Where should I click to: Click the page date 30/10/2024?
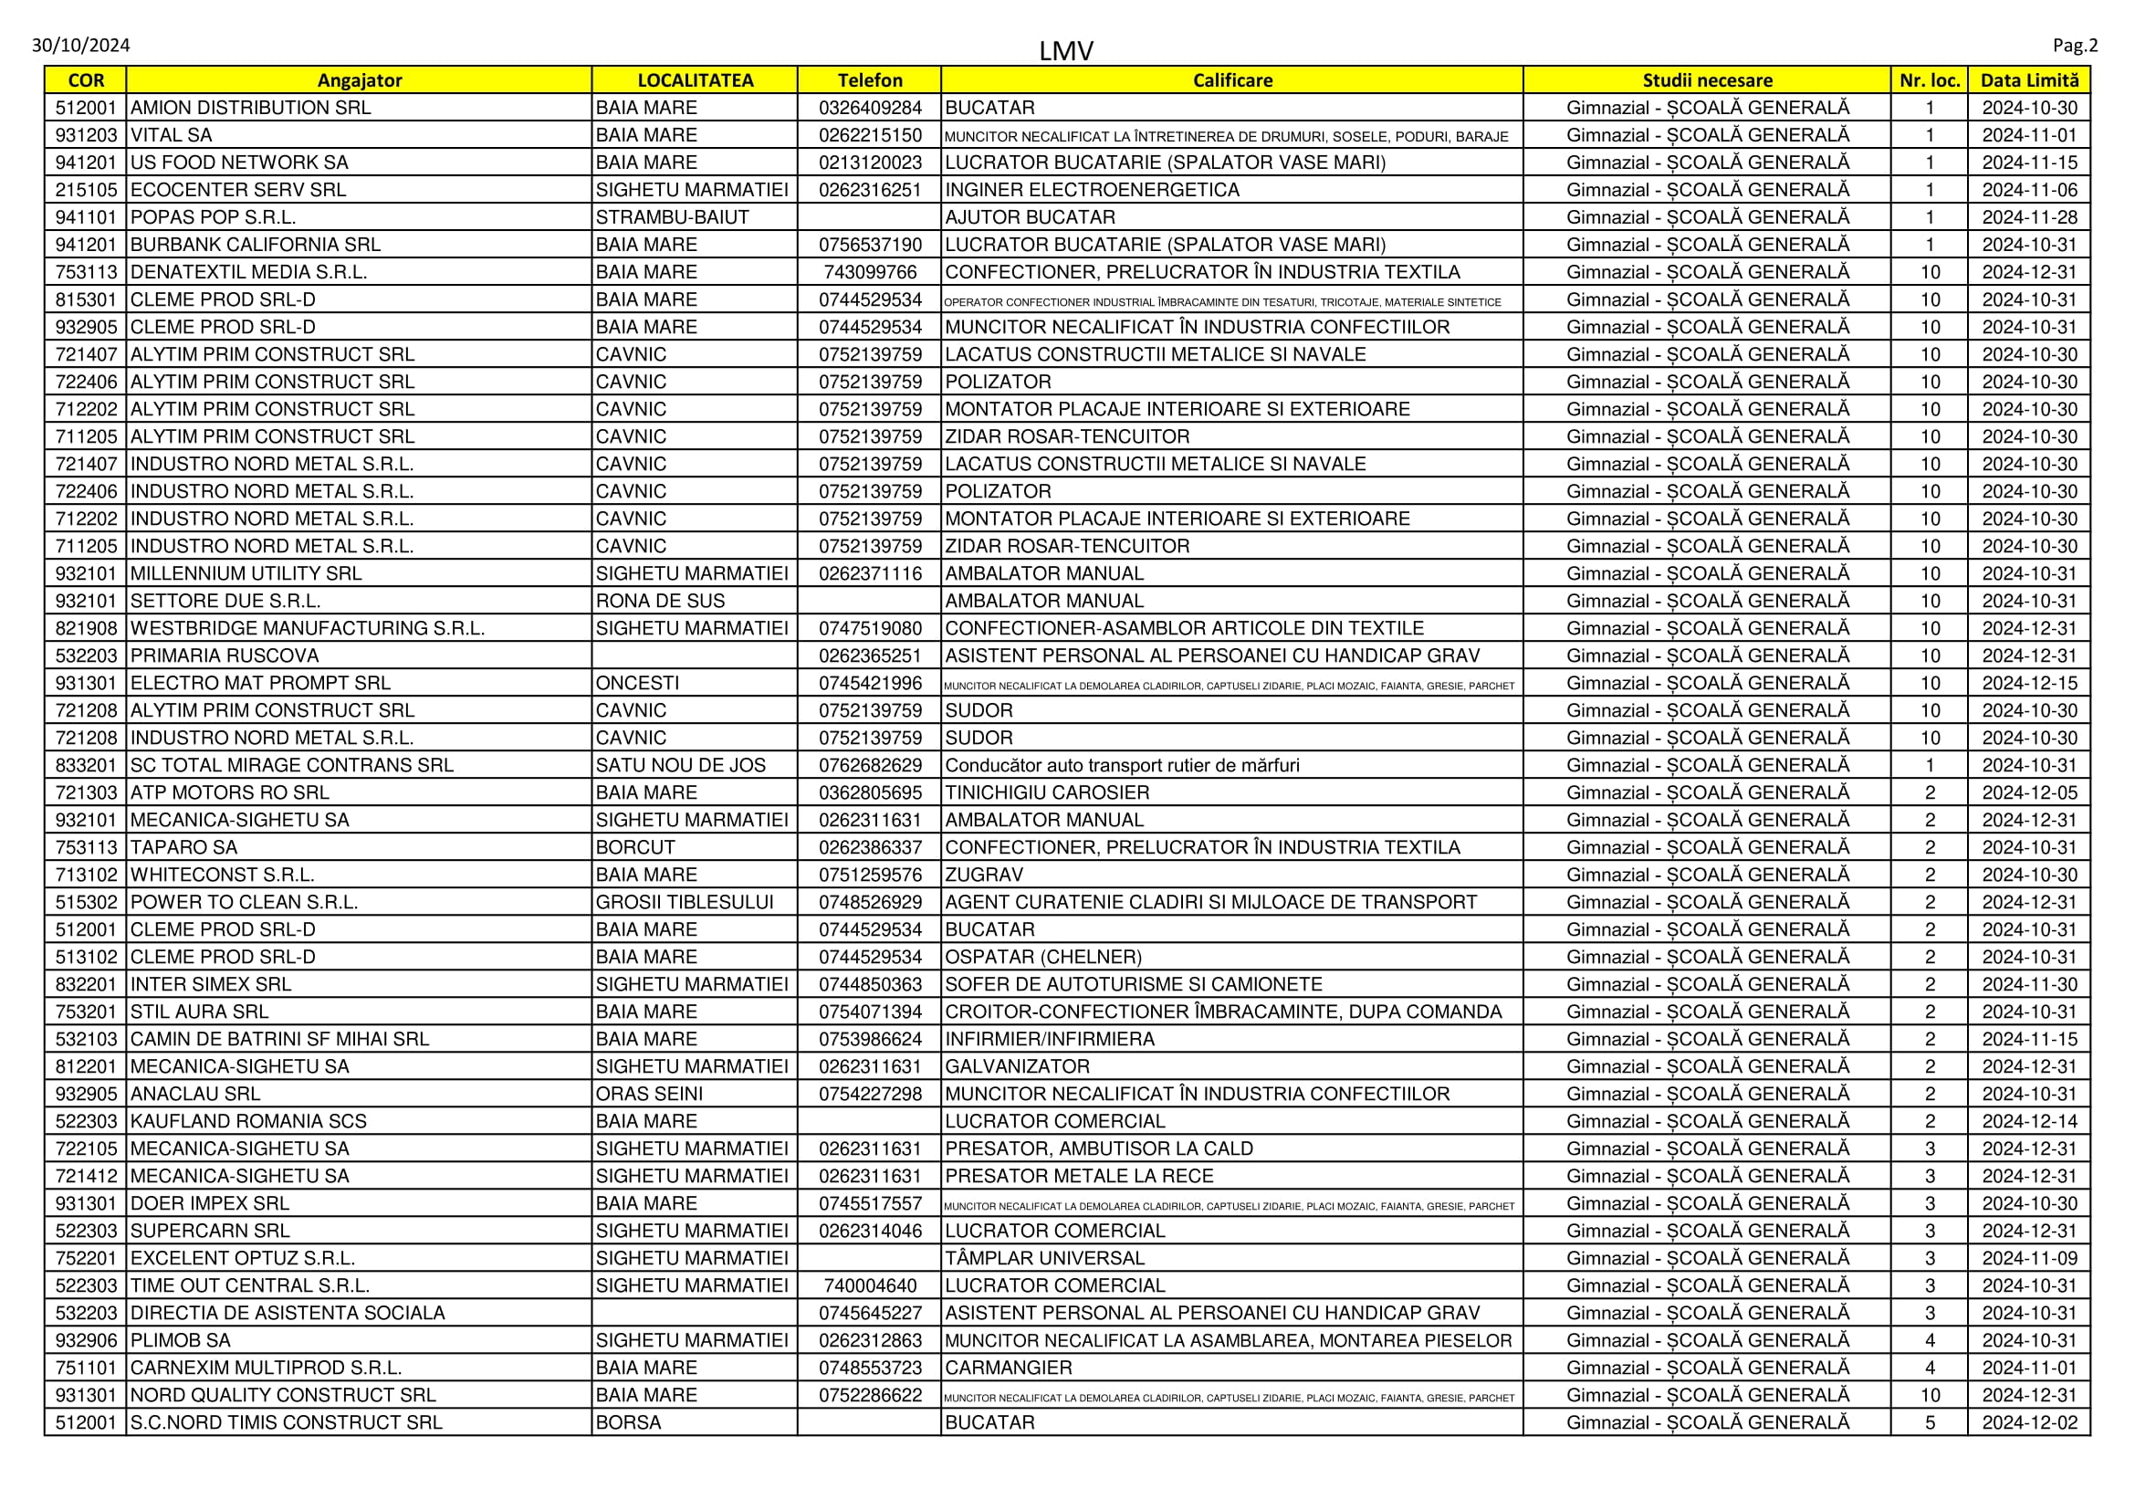(81, 46)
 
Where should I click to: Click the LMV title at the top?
(1065, 50)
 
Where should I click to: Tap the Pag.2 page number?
(2075, 46)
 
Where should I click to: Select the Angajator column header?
(359, 80)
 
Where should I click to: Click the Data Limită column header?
(2029, 80)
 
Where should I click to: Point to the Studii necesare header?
(1706, 80)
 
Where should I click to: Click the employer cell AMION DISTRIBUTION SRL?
(250, 108)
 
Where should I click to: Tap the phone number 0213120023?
(870, 163)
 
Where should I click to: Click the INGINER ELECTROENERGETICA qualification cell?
(1092, 190)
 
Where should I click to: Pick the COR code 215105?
(86, 190)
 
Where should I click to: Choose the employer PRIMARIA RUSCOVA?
(225, 655)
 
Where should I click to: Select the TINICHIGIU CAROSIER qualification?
(1047, 792)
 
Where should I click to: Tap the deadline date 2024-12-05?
(2029, 792)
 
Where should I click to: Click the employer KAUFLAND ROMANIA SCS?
(248, 1121)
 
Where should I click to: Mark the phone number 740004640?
(870, 1286)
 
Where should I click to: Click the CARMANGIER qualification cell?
(1008, 1368)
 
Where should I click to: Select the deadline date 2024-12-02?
(2029, 1422)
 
